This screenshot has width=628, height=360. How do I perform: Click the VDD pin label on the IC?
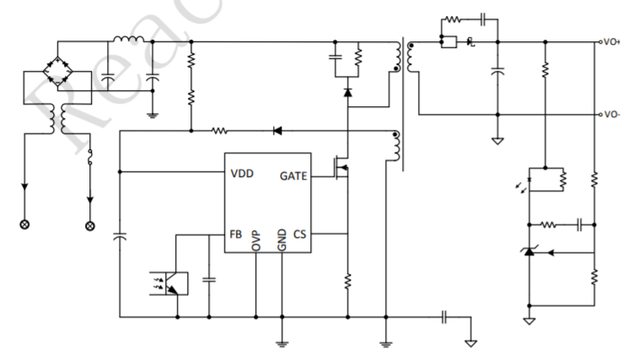pyautogui.click(x=242, y=175)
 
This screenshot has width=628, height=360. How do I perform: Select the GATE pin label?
pyautogui.click(x=293, y=176)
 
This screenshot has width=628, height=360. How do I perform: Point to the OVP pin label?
pyautogui.click(x=255, y=240)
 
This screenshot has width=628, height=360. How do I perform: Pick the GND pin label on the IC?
pyautogui.click(x=282, y=240)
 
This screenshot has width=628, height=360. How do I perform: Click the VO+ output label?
pyautogui.click(x=610, y=41)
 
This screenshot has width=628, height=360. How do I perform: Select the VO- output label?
pyautogui.click(x=610, y=114)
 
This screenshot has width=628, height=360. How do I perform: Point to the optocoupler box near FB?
pyautogui.click(x=172, y=282)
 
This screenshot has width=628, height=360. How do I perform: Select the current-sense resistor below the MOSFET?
pyautogui.click(x=347, y=281)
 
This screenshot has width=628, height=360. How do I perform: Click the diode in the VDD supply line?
pyautogui.click(x=276, y=131)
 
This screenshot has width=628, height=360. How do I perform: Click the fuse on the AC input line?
pyautogui.click(x=89, y=156)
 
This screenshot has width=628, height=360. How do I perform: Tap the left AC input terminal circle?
pyautogui.click(x=25, y=225)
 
